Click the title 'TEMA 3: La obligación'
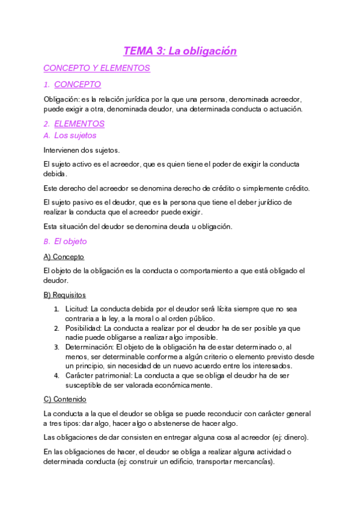point(180,51)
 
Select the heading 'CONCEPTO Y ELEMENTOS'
point(97,69)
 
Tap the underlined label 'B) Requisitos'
point(64,295)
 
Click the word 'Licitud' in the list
point(77,309)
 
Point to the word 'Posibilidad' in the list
point(84,328)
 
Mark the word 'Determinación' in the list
point(90,348)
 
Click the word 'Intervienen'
point(63,150)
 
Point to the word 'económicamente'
point(182,386)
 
